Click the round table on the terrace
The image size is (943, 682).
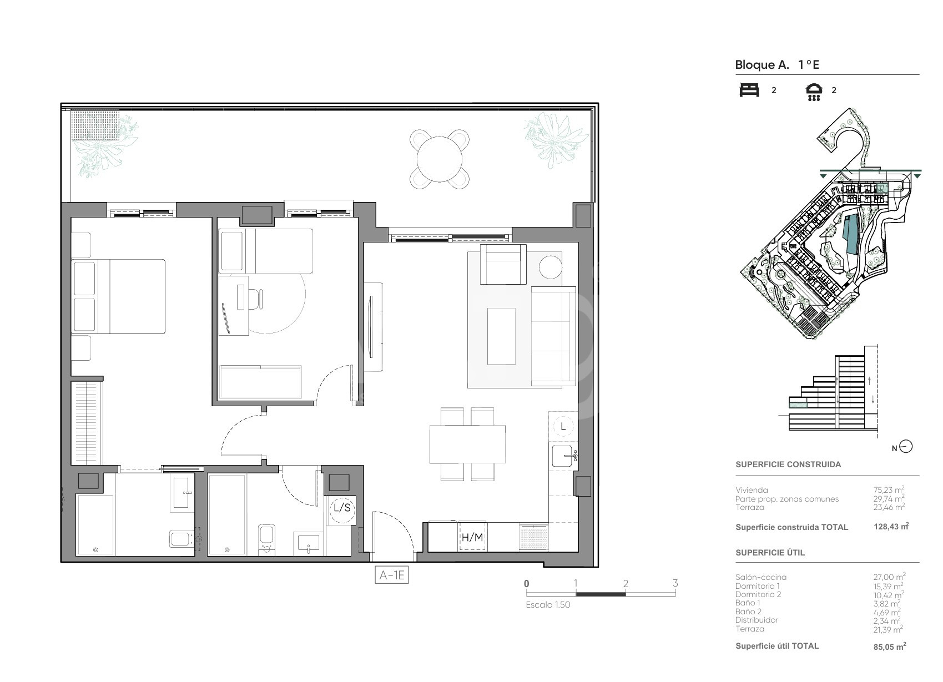(440, 160)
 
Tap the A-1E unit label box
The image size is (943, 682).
(391, 575)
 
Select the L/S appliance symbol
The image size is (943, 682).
(342, 508)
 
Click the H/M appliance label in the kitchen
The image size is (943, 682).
(472, 537)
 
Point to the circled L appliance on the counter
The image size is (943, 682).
(563, 427)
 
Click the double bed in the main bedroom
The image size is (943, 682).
(118, 297)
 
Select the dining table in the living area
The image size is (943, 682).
(467, 444)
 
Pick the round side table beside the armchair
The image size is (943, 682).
(550, 267)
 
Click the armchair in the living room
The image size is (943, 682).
(503, 265)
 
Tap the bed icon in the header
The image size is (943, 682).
(749, 90)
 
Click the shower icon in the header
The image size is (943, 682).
(814, 92)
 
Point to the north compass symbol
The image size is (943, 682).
(905, 447)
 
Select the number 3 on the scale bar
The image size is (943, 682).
(675, 583)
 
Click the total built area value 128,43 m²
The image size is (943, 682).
(891, 526)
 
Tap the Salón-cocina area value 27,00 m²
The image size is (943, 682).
(889, 577)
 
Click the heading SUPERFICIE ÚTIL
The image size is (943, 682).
(770, 553)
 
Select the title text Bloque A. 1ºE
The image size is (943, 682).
(777, 65)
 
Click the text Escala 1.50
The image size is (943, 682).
(548, 605)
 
